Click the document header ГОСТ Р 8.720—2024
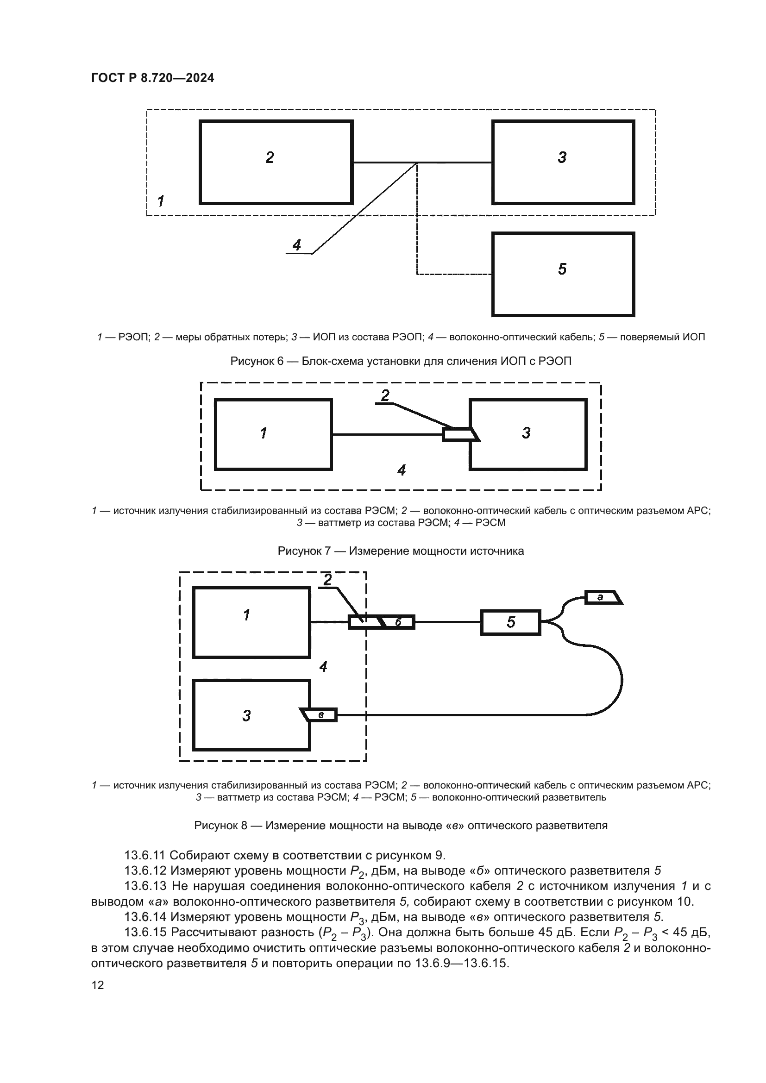coord(152,78)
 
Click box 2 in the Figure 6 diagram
coord(276,162)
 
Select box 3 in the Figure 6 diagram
coord(563,162)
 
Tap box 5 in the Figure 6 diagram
coord(563,274)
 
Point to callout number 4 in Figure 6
coord(297,245)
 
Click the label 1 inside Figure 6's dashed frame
coord(161,201)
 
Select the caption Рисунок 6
coord(401,361)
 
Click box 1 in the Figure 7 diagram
coord(274,434)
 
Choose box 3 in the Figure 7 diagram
coord(528,434)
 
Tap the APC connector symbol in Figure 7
coord(460,434)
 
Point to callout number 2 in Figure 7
coord(385,395)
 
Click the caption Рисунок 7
coord(401,551)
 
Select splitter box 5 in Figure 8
coord(511,623)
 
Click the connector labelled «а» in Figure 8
coord(603,597)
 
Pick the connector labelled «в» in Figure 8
coord(320,715)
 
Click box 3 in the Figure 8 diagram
coord(251,715)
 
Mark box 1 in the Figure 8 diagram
coord(251,622)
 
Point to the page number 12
coord(98,985)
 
